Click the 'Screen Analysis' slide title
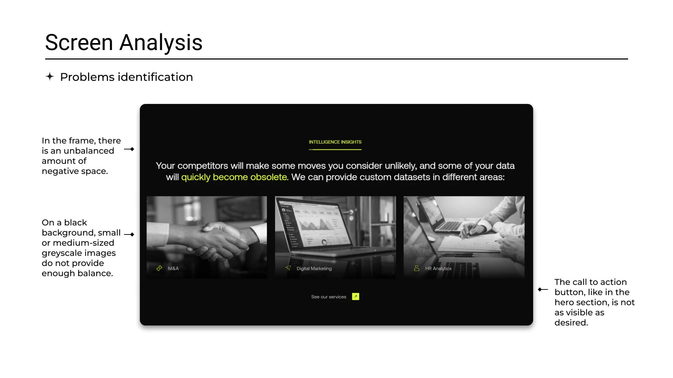coord(124,43)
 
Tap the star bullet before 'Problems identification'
coord(50,76)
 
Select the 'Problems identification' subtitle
coord(127,77)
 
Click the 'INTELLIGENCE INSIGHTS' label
coord(335,142)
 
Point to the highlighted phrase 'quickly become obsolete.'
coord(235,177)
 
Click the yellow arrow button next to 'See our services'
coord(355,296)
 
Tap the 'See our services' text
coord(329,297)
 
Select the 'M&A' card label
coord(173,268)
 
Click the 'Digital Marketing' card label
coord(314,268)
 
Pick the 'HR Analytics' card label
coord(438,268)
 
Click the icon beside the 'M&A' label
coord(159,268)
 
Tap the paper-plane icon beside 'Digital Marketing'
coord(288,268)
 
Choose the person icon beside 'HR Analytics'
coord(416,268)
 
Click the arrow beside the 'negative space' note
coord(129,149)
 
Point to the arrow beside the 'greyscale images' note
coord(129,234)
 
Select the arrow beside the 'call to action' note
coord(543,289)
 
